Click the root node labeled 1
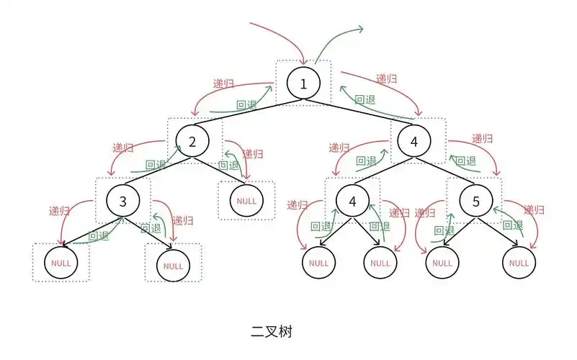(x=303, y=84)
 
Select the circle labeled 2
(x=192, y=142)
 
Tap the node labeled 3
(x=122, y=201)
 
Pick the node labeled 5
(x=475, y=201)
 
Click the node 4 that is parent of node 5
(x=413, y=142)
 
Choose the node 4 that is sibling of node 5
(x=352, y=201)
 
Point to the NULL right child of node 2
(x=246, y=199)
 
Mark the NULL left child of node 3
(x=61, y=263)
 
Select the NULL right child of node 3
(x=174, y=266)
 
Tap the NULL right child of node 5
(x=519, y=263)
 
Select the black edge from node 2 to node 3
(x=158, y=171)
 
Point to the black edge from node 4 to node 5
(x=444, y=171)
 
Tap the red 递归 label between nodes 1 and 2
(x=223, y=84)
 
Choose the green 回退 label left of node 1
(x=247, y=104)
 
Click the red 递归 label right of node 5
(x=534, y=210)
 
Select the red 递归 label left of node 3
(x=60, y=211)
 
